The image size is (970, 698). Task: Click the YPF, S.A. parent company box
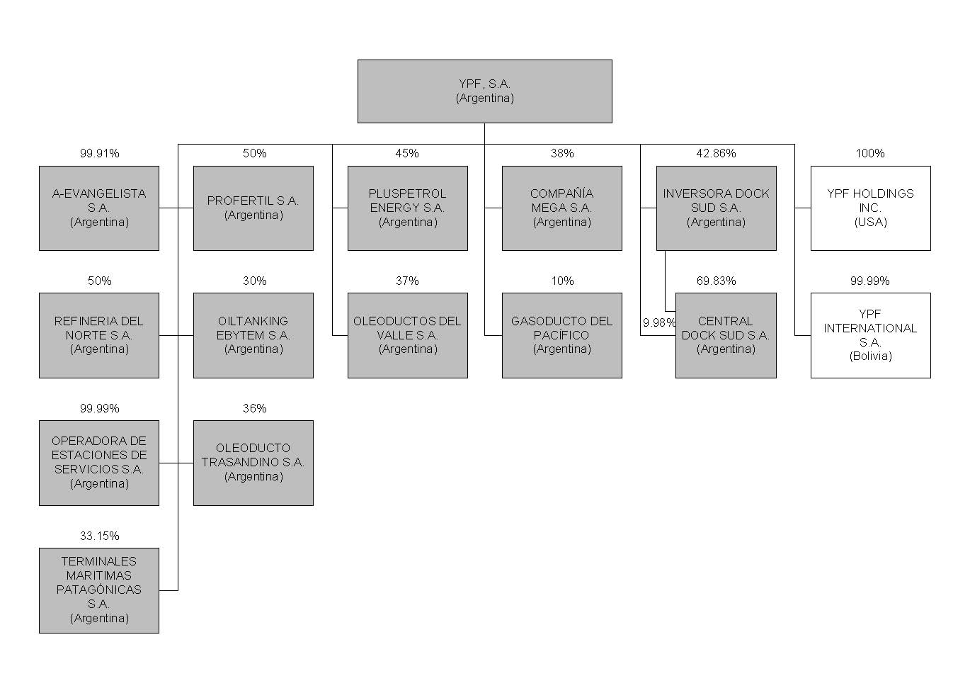coord(484,91)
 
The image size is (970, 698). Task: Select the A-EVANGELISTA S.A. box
coord(99,208)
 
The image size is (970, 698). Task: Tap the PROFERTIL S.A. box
coord(253,208)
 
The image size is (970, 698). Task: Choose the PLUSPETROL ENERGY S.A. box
coord(407,208)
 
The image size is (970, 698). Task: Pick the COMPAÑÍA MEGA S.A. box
coord(561,208)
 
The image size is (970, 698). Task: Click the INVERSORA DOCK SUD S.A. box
coord(716,208)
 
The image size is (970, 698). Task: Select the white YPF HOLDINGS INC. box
coord(870,208)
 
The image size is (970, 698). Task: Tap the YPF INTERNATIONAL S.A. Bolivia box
coord(870,335)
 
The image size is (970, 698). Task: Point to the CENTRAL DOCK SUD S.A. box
coord(726,335)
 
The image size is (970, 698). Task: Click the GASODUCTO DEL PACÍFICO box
coord(561,335)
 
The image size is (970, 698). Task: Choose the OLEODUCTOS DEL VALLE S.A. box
coord(407,335)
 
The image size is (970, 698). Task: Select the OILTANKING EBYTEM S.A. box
coord(253,335)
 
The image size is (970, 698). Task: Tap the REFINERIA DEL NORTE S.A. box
coord(99,335)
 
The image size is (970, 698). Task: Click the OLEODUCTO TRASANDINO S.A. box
coord(253,463)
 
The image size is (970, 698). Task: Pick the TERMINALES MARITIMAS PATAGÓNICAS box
coord(99,590)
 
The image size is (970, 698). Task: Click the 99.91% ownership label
coord(99,153)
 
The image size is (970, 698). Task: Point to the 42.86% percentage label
coord(716,153)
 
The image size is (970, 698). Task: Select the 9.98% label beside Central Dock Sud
coord(658,322)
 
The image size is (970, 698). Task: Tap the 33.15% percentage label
coord(99,536)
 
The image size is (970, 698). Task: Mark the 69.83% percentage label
coord(716,281)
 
